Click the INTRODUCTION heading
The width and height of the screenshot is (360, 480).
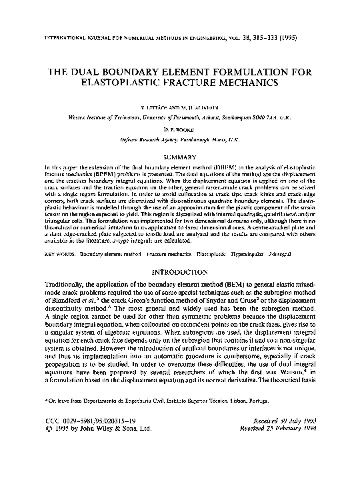pyautogui.click(x=180, y=254)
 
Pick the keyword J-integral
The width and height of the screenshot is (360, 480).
pyautogui.click(x=278, y=235)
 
